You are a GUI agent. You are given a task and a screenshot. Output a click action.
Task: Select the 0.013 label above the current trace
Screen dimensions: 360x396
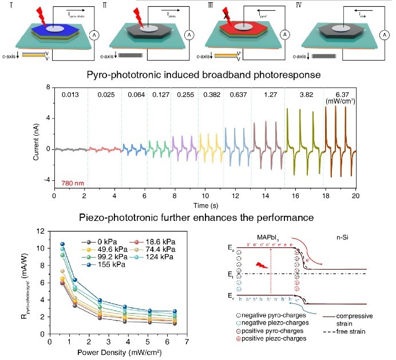tap(69, 96)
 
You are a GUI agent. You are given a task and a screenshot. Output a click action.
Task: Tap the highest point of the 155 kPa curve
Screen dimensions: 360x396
tap(63, 244)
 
